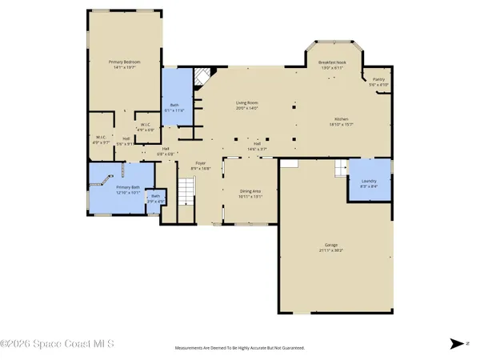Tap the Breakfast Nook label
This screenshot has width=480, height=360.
click(x=331, y=62)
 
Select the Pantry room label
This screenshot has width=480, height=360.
click(x=378, y=80)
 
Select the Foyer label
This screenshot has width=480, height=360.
click(x=202, y=163)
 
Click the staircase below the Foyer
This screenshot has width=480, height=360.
click(x=186, y=191)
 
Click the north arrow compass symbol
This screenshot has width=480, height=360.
click(x=456, y=343)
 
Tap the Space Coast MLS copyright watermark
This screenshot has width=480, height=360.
click(x=57, y=344)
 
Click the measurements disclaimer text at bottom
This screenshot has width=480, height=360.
click(x=240, y=348)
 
